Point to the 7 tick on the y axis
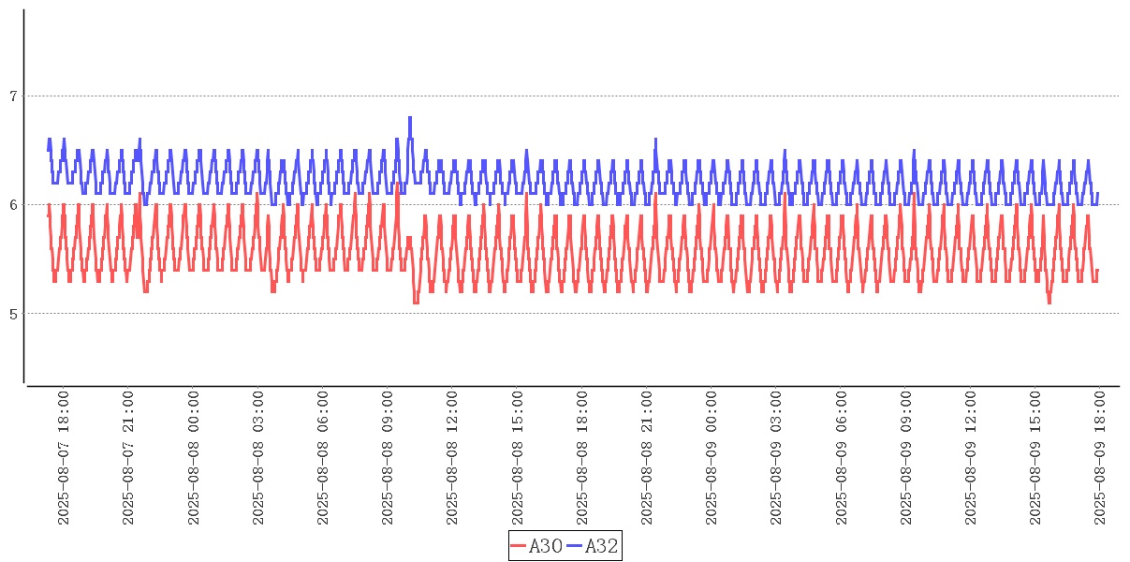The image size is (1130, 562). (x=13, y=96)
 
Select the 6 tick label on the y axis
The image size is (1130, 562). (x=13, y=205)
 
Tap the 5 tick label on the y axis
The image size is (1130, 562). (x=13, y=314)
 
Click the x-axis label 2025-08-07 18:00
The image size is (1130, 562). (x=64, y=458)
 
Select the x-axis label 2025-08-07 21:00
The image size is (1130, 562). (x=128, y=458)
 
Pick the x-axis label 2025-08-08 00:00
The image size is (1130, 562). (x=193, y=458)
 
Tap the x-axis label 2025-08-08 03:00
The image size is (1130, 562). (x=257, y=458)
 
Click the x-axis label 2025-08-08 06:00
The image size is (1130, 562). (x=322, y=458)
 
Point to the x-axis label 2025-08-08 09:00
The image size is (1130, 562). (x=388, y=458)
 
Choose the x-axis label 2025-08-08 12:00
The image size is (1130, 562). (x=452, y=458)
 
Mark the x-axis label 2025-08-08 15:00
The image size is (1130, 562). (x=517, y=458)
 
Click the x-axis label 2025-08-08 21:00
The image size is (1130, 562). (x=646, y=458)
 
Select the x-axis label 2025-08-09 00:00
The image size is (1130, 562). (x=711, y=458)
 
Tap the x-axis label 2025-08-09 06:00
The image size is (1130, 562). (x=841, y=458)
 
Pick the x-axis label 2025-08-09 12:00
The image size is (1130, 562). (x=970, y=458)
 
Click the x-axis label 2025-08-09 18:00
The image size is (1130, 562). (x=1099, y=458)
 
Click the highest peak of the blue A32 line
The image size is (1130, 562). (x=410, y=118)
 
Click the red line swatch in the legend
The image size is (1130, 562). (x=519, y=546)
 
